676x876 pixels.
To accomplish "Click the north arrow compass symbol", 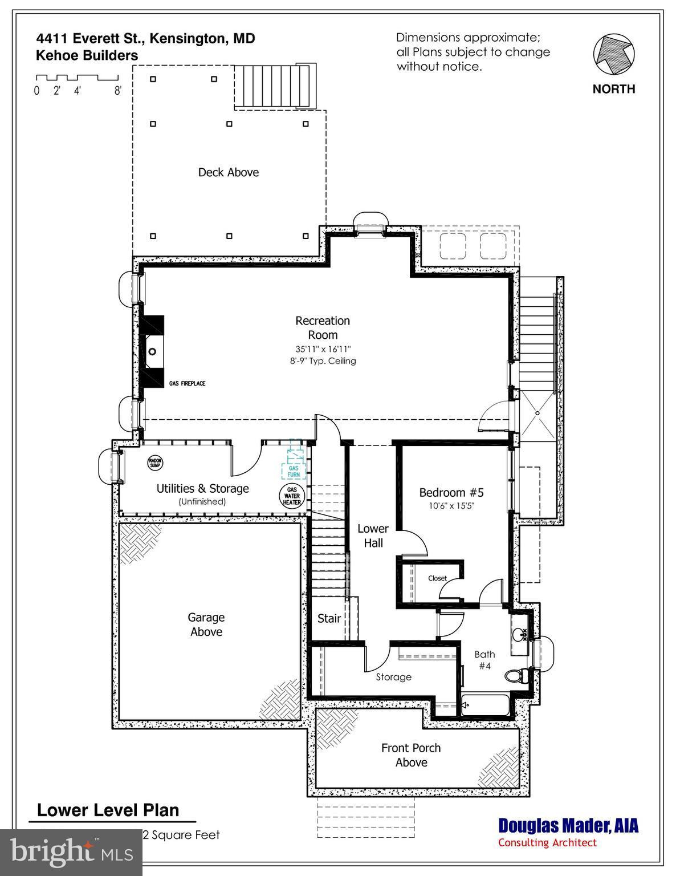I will click(x=613, y=56).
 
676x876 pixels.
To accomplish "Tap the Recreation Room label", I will click(x=323, y=328).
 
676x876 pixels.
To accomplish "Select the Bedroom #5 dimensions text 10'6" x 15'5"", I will click(x=451, y=506).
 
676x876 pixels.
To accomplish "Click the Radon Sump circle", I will click(x=155, y=463).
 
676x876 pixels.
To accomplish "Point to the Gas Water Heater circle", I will click(x=292, y=496).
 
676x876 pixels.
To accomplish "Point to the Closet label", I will click(x=437, y=578).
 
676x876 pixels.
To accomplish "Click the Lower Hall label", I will click(x=373, y=536).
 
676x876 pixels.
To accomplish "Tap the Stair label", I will click(x=329, y=618).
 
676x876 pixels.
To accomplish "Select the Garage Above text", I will click(x=206, y=624).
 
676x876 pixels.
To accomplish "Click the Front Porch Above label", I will click(x=411, y=755).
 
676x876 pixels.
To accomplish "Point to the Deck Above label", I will click(x=228, y=172).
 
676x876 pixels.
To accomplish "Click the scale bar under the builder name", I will click(x=77, y=78).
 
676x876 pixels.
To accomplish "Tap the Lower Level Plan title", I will click(x=108, y=810).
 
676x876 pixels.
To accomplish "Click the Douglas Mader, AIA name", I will click(x=568, y=825).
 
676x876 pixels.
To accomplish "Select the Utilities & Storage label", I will click(x=202, y=489).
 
